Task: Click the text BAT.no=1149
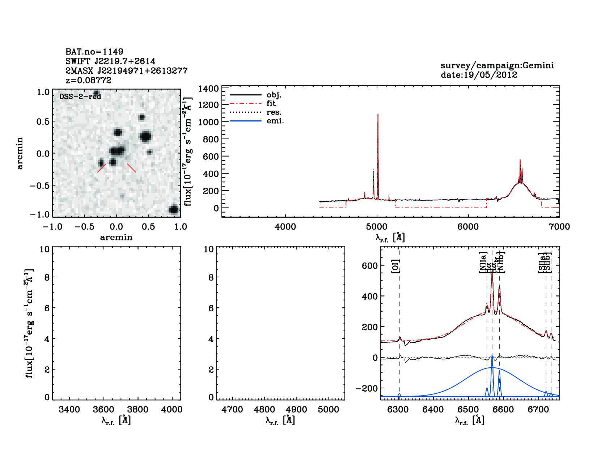pos(94,52)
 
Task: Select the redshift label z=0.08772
pos(88,80)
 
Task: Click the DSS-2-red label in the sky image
pos(80,97)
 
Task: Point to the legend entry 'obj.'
pos(274,95)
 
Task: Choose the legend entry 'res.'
pos(274,112)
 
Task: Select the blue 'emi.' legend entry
pos(275,121)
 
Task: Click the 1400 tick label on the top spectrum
pos(209,89)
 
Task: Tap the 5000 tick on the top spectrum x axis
pos(377,227)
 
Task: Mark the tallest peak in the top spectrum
pos(378,115)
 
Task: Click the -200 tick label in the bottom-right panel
pos(367,388)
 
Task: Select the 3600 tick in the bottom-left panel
pos(103,410)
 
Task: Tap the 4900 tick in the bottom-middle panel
pos(296,410)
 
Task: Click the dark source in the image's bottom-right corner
pos(174,209)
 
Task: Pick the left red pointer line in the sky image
pos(102,168)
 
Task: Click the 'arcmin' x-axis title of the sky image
pos(116,237)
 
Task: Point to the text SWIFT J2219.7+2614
pos(110,61)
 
